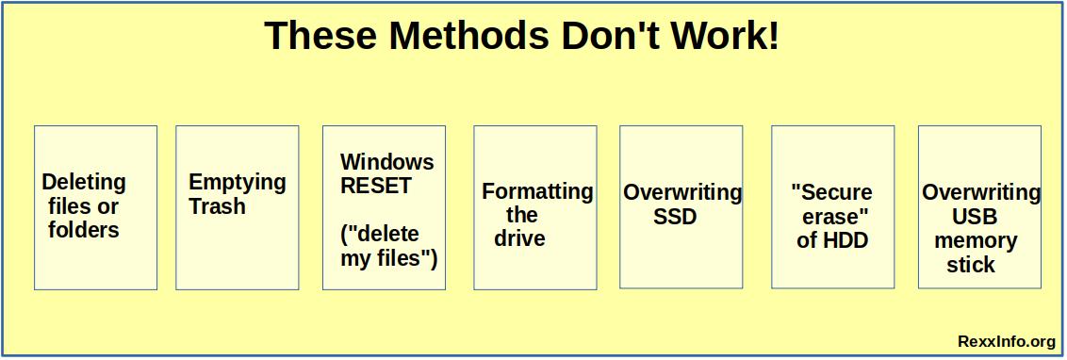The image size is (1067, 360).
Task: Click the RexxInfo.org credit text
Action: [x=1006, y=341]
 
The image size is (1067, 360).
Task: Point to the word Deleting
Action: [x=84, y=182]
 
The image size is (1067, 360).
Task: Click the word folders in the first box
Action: [x=84, y=230]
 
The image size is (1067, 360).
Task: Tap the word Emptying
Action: [x=237, y=182]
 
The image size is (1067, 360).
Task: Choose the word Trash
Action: [x=217, y=206]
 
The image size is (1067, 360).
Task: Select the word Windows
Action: [x=387, y=161]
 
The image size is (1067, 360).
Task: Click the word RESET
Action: [x=376, y=186]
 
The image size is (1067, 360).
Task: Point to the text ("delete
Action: [x=379, y=234]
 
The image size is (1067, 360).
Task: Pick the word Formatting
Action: [x=537, y=191]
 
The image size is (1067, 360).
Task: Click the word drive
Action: [x=519, y=239]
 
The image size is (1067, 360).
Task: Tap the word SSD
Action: [x=675, y=217]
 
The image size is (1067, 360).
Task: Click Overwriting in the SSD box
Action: [x=681, y=192]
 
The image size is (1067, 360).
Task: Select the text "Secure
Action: [x=831, y=192]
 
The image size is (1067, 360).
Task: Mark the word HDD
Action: [x=846, y=240]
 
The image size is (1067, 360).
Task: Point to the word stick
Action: [x=971, y=265]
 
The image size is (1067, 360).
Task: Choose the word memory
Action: [x=976, y=240]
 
